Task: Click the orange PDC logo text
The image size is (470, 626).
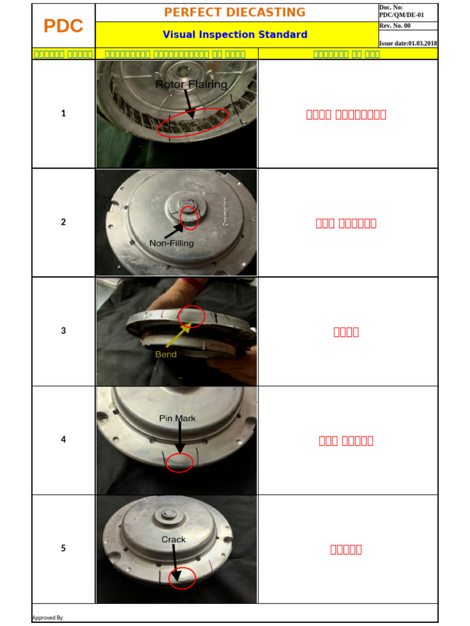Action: coord(64,26)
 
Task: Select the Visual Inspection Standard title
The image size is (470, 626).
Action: coord(235,35)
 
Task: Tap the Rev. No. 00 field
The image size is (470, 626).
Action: coord(395,26)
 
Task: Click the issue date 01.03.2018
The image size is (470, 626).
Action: coord(408,43)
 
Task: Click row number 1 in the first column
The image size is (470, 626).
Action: coord(64,113)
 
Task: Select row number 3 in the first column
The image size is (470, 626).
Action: coord(64,331)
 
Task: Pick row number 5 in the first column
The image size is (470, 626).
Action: coord(64,548)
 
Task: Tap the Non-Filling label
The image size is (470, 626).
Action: coord(171,243)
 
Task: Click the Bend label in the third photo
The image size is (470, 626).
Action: coord(165,355)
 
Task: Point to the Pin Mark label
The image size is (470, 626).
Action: coord(177,419)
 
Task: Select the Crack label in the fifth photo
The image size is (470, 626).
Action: coord(173,540)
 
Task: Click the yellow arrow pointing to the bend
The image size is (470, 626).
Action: coord(175,336)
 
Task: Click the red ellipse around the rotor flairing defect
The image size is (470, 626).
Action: coord(193,123)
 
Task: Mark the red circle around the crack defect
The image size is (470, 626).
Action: coord(182,578)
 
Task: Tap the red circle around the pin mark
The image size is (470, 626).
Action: coord(179,463)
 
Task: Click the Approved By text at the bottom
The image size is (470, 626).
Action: coord(48,618)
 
